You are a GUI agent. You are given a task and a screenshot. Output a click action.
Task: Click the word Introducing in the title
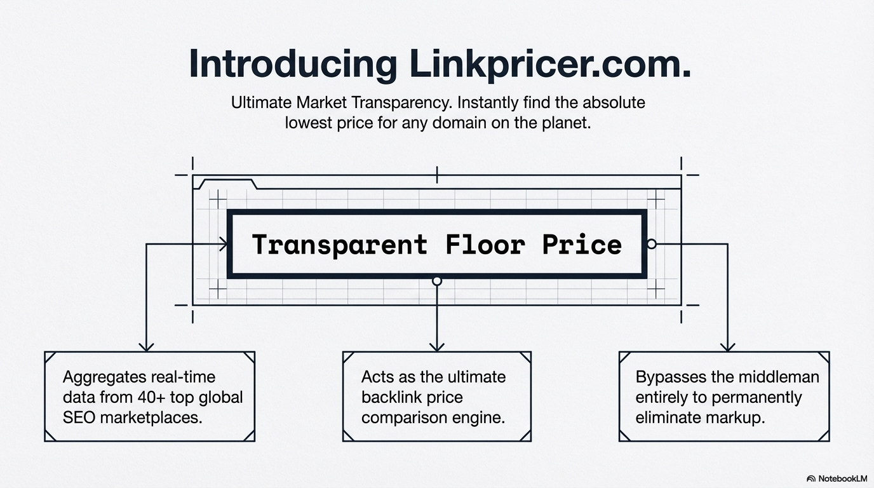tap(293, 64)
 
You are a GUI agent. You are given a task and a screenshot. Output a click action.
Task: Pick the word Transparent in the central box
tap(340, 245)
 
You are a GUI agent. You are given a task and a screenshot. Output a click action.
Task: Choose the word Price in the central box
tap(582, 245)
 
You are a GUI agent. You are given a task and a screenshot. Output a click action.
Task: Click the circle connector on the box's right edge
tap(650, 243)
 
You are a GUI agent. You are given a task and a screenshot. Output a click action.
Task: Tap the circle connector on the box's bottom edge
tap(436, 280)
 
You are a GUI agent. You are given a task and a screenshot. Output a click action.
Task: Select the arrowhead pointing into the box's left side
tap(224, 243)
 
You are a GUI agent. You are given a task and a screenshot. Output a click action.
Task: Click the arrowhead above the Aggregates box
tap(147, 346)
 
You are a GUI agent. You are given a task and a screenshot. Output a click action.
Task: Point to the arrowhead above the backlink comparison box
tap(436, 346)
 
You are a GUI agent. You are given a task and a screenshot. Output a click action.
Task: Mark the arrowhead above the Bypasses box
tap(727, 346)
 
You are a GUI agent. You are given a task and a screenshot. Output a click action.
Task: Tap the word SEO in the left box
tap(78, 417)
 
